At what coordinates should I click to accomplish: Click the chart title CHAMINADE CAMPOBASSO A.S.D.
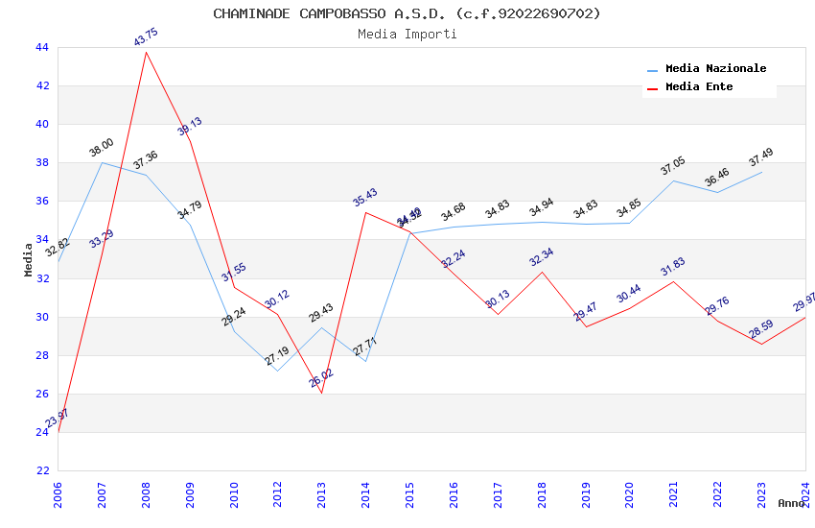click(407, 13)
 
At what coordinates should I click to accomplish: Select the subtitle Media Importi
click(407, 34)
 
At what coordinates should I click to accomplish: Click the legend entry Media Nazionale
click(715, 69)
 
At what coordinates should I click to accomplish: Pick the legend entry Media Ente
click(699, 87)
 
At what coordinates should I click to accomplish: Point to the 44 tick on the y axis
click(42, 47)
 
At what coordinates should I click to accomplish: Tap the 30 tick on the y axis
click(42, 317)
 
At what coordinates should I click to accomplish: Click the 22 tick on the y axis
click(42, 470)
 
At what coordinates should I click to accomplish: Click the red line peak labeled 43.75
click(146, 52)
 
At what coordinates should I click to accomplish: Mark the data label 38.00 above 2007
click(102, 148)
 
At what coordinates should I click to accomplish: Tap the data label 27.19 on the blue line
click(278, 356)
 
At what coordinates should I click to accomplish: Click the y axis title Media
click(29, 259)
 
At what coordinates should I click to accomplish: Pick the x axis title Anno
click(791, 503)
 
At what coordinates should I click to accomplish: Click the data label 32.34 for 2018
click(542, 257)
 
